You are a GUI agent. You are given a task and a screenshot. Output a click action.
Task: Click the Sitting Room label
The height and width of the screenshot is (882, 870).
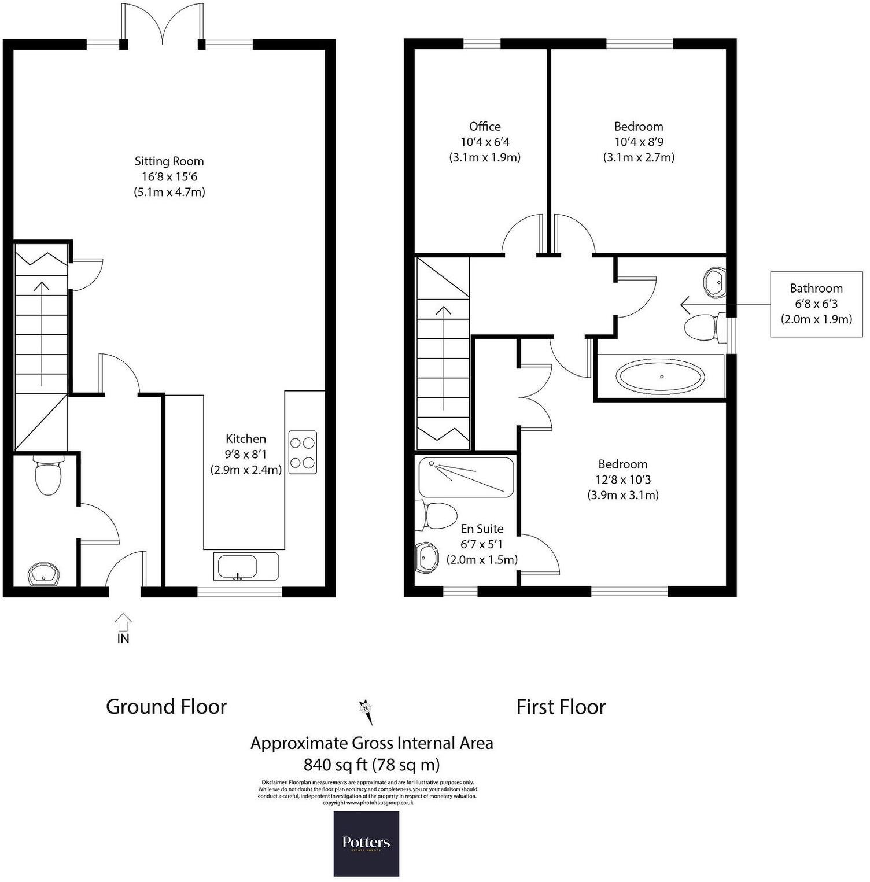tap(169, 161)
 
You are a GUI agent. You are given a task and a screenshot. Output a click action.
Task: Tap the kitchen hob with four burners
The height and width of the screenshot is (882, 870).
tap(303, 452)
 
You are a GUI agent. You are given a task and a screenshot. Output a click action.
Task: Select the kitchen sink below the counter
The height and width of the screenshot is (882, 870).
tap(246, 567)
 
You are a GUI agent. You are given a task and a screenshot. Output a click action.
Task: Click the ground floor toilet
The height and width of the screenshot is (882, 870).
tap(48, 475)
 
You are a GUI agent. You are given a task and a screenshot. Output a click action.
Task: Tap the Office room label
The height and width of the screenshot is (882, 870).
tap(485, 127)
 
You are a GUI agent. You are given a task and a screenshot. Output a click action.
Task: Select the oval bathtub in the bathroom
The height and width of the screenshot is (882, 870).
tap(661, 377)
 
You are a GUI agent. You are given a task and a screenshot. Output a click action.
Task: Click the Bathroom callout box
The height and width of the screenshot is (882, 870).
tap(816, 304)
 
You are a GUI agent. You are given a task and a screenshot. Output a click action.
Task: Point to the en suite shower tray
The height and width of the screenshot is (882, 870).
tap(466, 477)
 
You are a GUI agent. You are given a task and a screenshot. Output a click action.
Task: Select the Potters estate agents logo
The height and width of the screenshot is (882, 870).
tap(366, 843)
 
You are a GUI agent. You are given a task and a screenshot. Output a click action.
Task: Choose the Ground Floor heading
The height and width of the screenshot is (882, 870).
tap(166, 707)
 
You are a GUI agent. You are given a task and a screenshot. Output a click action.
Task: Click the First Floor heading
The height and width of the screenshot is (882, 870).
tap(561, 707)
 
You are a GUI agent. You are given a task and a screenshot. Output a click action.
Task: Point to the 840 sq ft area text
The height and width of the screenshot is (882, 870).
tap(371, 765)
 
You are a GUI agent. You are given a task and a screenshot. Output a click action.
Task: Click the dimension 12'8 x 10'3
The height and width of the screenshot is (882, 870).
tap(623, 479)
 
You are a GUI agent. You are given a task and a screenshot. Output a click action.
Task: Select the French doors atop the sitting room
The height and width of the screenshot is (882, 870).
tap(163, 26)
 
